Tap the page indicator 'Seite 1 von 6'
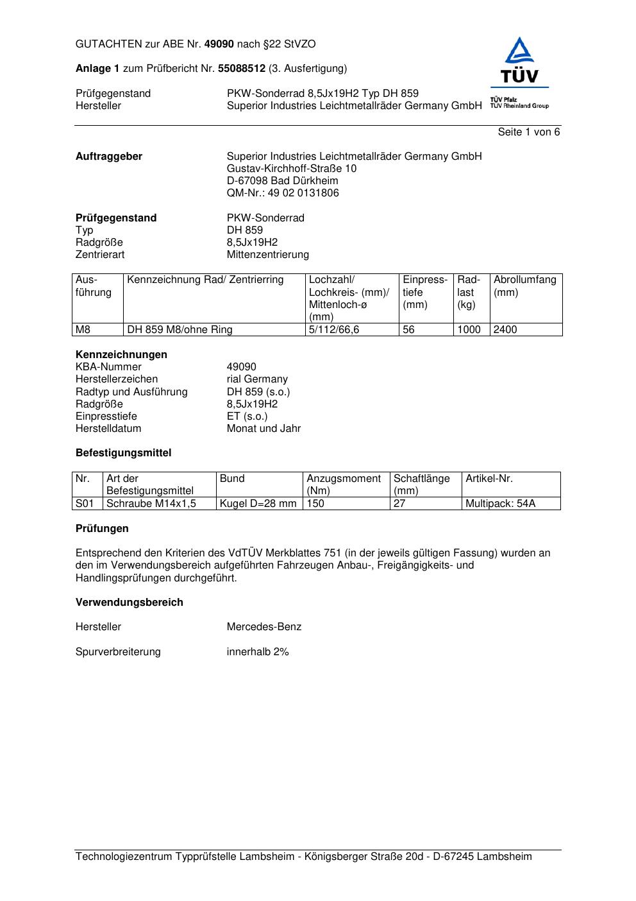[528, 132]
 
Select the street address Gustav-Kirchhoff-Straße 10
[292, 169]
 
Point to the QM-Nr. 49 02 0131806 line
[283, 193]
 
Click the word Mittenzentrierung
[267, 255]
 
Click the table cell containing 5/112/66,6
[334, 330]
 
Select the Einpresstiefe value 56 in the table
[409, 330]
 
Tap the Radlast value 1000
[469, 330]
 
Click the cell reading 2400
[505, 330]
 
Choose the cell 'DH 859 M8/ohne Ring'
[180, 330]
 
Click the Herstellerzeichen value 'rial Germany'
[257, 379]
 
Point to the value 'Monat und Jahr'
[264, 429]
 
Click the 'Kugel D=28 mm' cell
[258, 504]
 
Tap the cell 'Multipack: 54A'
[500, 504]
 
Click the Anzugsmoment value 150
[315, 504]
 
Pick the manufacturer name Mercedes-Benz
[264, 627]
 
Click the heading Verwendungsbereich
[130, 603]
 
